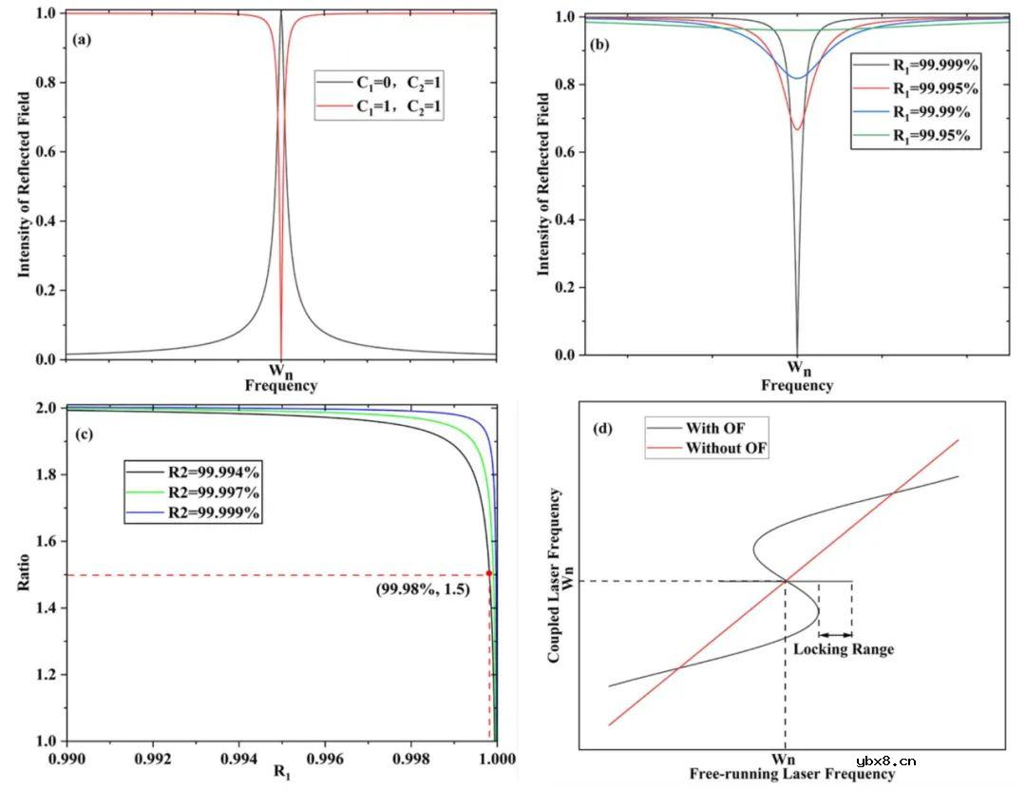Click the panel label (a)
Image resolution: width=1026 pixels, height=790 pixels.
83,41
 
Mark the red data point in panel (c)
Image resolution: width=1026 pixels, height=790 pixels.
489,573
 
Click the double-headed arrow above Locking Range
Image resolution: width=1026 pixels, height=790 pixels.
835,634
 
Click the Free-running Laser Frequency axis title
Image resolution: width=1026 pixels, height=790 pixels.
792,775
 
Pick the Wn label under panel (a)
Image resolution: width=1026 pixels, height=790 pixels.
280,370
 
